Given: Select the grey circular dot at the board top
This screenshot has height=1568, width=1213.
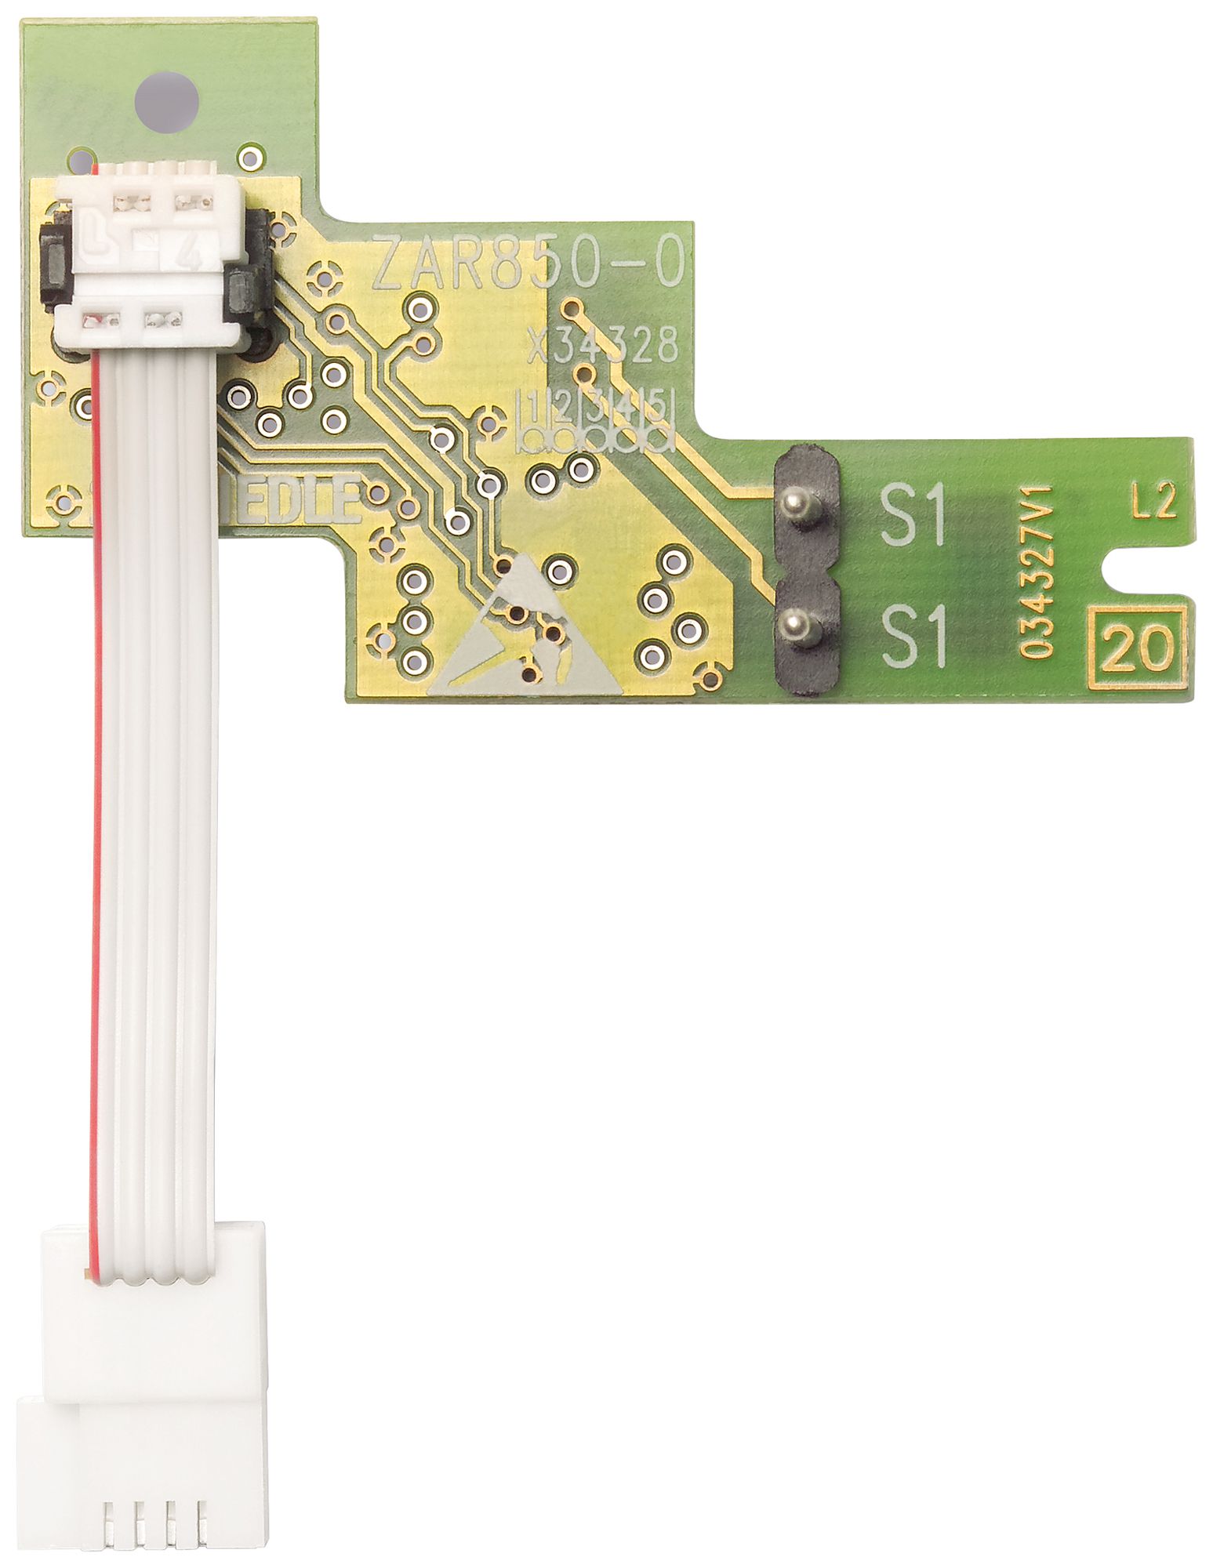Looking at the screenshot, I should (166, 103).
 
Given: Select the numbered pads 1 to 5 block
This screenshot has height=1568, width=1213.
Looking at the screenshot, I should (596, 421).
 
